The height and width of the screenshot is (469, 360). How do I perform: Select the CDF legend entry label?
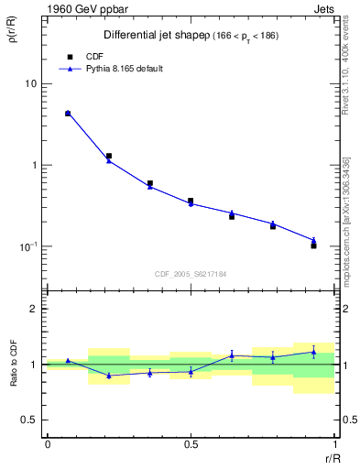(x=93, y=55)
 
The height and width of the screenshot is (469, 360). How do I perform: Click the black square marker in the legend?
(x=68, y=55)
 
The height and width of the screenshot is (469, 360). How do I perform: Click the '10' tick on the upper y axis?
(x=30, y=84)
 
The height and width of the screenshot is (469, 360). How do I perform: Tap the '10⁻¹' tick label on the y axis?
(x=27, y=246)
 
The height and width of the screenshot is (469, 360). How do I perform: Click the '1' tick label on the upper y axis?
(x=34, y=166)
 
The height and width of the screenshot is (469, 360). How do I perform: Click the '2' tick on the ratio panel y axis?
(x=34, y=310)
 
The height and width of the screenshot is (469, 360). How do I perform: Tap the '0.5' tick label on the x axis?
(x=191, y=444)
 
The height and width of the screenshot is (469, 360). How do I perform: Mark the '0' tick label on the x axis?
(x=48, y=444)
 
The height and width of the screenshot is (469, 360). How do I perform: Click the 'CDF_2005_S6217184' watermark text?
(x=191, y=273)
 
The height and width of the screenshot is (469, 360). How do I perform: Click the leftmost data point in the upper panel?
(x=68, y=114)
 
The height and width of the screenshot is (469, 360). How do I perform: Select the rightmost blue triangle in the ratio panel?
(x=313, y=352)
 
